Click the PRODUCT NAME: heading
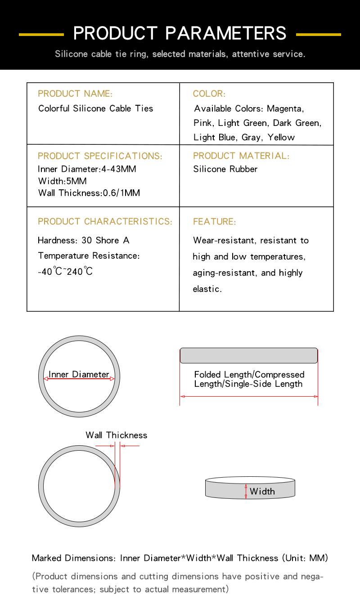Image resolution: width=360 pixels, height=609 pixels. click(x=75, y=94)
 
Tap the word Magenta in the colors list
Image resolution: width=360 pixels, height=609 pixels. click(x=285, y=108)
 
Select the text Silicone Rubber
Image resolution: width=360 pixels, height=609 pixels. click(x=225, y=169)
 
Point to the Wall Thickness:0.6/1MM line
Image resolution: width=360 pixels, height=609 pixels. click(x=89, y=193)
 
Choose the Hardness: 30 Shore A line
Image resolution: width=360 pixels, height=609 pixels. click(x=83, y=240)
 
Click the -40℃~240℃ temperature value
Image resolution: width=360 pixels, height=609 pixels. click(x=65, y=271)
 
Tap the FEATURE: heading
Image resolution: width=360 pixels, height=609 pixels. click(x=214, y=222)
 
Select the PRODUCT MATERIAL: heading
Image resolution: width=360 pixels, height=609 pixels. click(x=241, y=156)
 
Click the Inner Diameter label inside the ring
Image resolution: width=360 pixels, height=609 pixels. click(x=79, y=374)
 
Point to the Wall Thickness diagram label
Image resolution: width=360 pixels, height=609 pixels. click(x=116, y=435)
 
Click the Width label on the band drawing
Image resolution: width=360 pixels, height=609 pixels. click(x=262, y=491)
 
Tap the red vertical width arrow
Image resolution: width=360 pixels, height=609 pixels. click(x=246, y=491)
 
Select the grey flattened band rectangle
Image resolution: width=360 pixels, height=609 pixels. click(x=249, y=355)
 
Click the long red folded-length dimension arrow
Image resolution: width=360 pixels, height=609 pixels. click(x=249, y=396)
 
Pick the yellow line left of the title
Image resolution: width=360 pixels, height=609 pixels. click(x=41, y=34)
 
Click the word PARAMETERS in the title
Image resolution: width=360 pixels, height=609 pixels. click(x=225, y=33)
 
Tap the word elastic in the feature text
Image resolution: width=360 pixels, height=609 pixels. click(x=207, y=289)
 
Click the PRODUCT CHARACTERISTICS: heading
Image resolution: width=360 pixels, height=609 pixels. click(x=105, y=222)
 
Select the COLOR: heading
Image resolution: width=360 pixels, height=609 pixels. click(x=209, y=94)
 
